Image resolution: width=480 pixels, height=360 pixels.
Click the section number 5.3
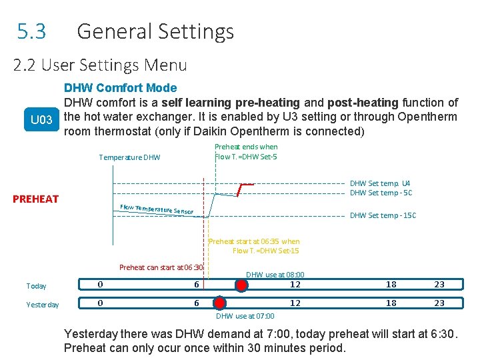tap(32, 31)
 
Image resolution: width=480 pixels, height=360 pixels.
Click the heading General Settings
tap(155, 31)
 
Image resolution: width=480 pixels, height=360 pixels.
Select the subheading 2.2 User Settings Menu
tap(100, 65)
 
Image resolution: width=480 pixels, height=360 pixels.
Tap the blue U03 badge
tap(42, 120)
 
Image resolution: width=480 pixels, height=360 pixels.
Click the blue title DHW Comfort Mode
tap(120, 88)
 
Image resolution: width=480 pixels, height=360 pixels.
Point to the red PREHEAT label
tap(36, 199)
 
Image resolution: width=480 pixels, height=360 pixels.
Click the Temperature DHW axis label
tap(129, 158)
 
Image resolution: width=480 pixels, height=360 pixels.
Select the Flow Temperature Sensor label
tap(157, 209)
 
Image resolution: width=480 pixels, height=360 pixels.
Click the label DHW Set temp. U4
tap(381, 183)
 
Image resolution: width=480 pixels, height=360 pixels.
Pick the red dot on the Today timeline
tap(241, 285)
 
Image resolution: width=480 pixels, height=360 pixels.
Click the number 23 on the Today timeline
tap(439, 285)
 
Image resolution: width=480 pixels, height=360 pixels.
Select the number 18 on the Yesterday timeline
tap(391, 303)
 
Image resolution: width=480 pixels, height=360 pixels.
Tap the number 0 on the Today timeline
tap(100, 285)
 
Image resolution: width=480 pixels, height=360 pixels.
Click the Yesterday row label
tap(43, 305)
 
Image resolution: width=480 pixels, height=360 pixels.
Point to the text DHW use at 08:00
tap(275, 275)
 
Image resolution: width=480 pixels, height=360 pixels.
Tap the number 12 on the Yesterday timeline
tap(295, 303)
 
